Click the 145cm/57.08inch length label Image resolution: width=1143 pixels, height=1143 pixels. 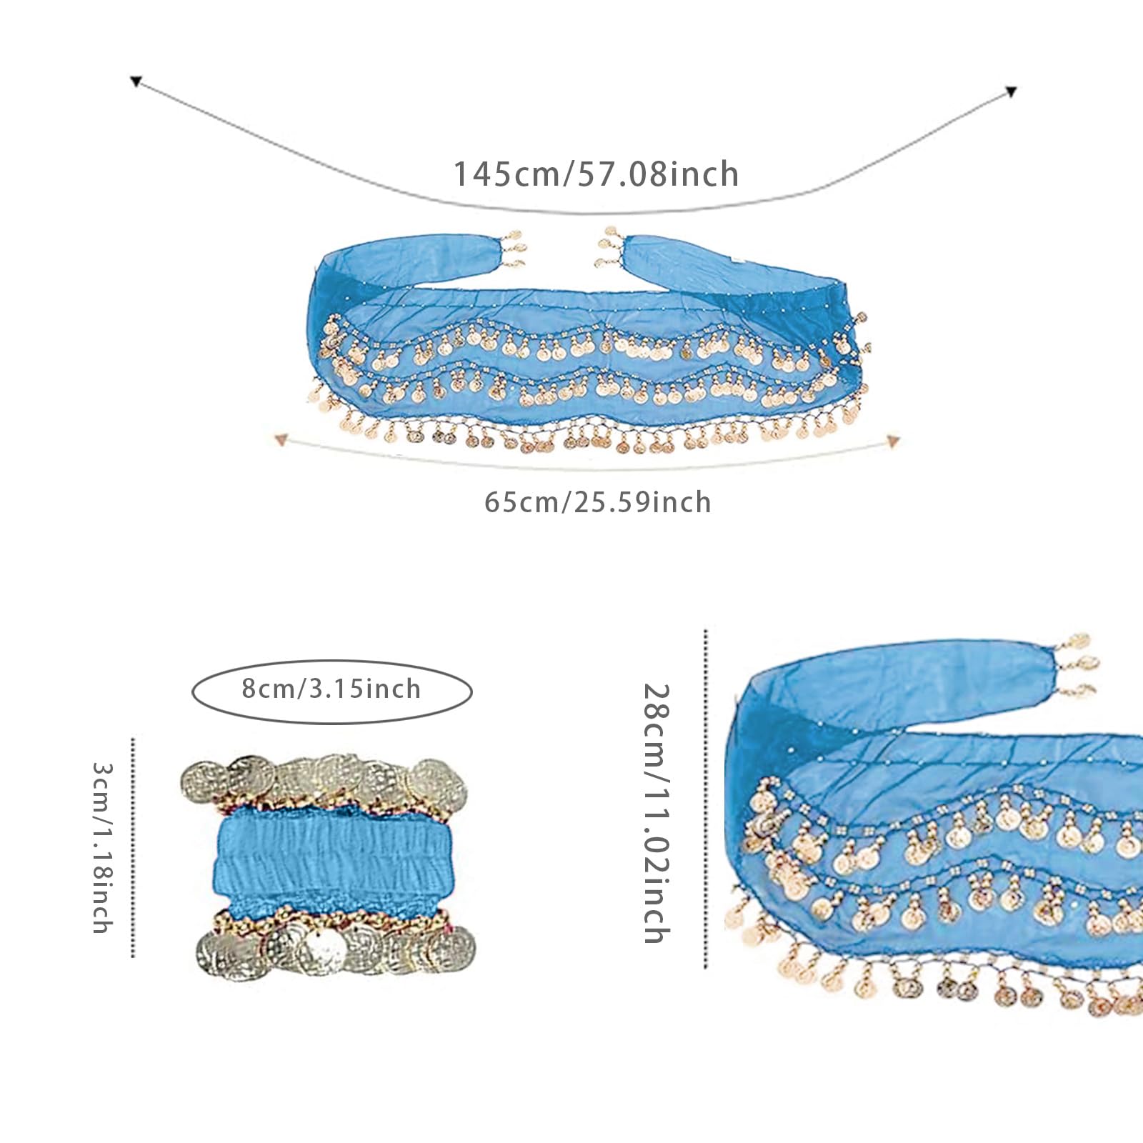[597, 174]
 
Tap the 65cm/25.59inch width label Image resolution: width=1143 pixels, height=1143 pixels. [598, 502]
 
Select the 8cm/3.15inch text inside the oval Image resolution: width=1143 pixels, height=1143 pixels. [331, 689]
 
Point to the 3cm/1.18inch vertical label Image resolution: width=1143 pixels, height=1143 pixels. [103, 847]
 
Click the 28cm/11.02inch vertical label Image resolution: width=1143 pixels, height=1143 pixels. [656, 814]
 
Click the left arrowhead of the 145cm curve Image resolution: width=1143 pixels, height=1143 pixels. [136, 81]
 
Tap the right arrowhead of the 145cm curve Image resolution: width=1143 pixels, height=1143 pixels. [1011, 91]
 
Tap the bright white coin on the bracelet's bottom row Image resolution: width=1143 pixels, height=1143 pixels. [322, 947]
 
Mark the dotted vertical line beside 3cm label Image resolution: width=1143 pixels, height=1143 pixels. [133, 847]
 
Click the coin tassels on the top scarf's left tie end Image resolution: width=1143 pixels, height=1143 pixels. [511, 249]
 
